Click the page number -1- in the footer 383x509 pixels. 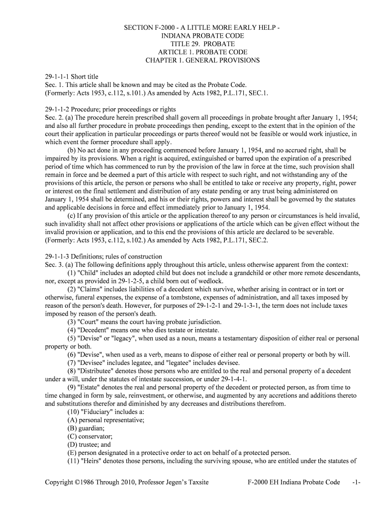tap(356, 482)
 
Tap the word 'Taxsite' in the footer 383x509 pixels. tap(196, 482)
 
